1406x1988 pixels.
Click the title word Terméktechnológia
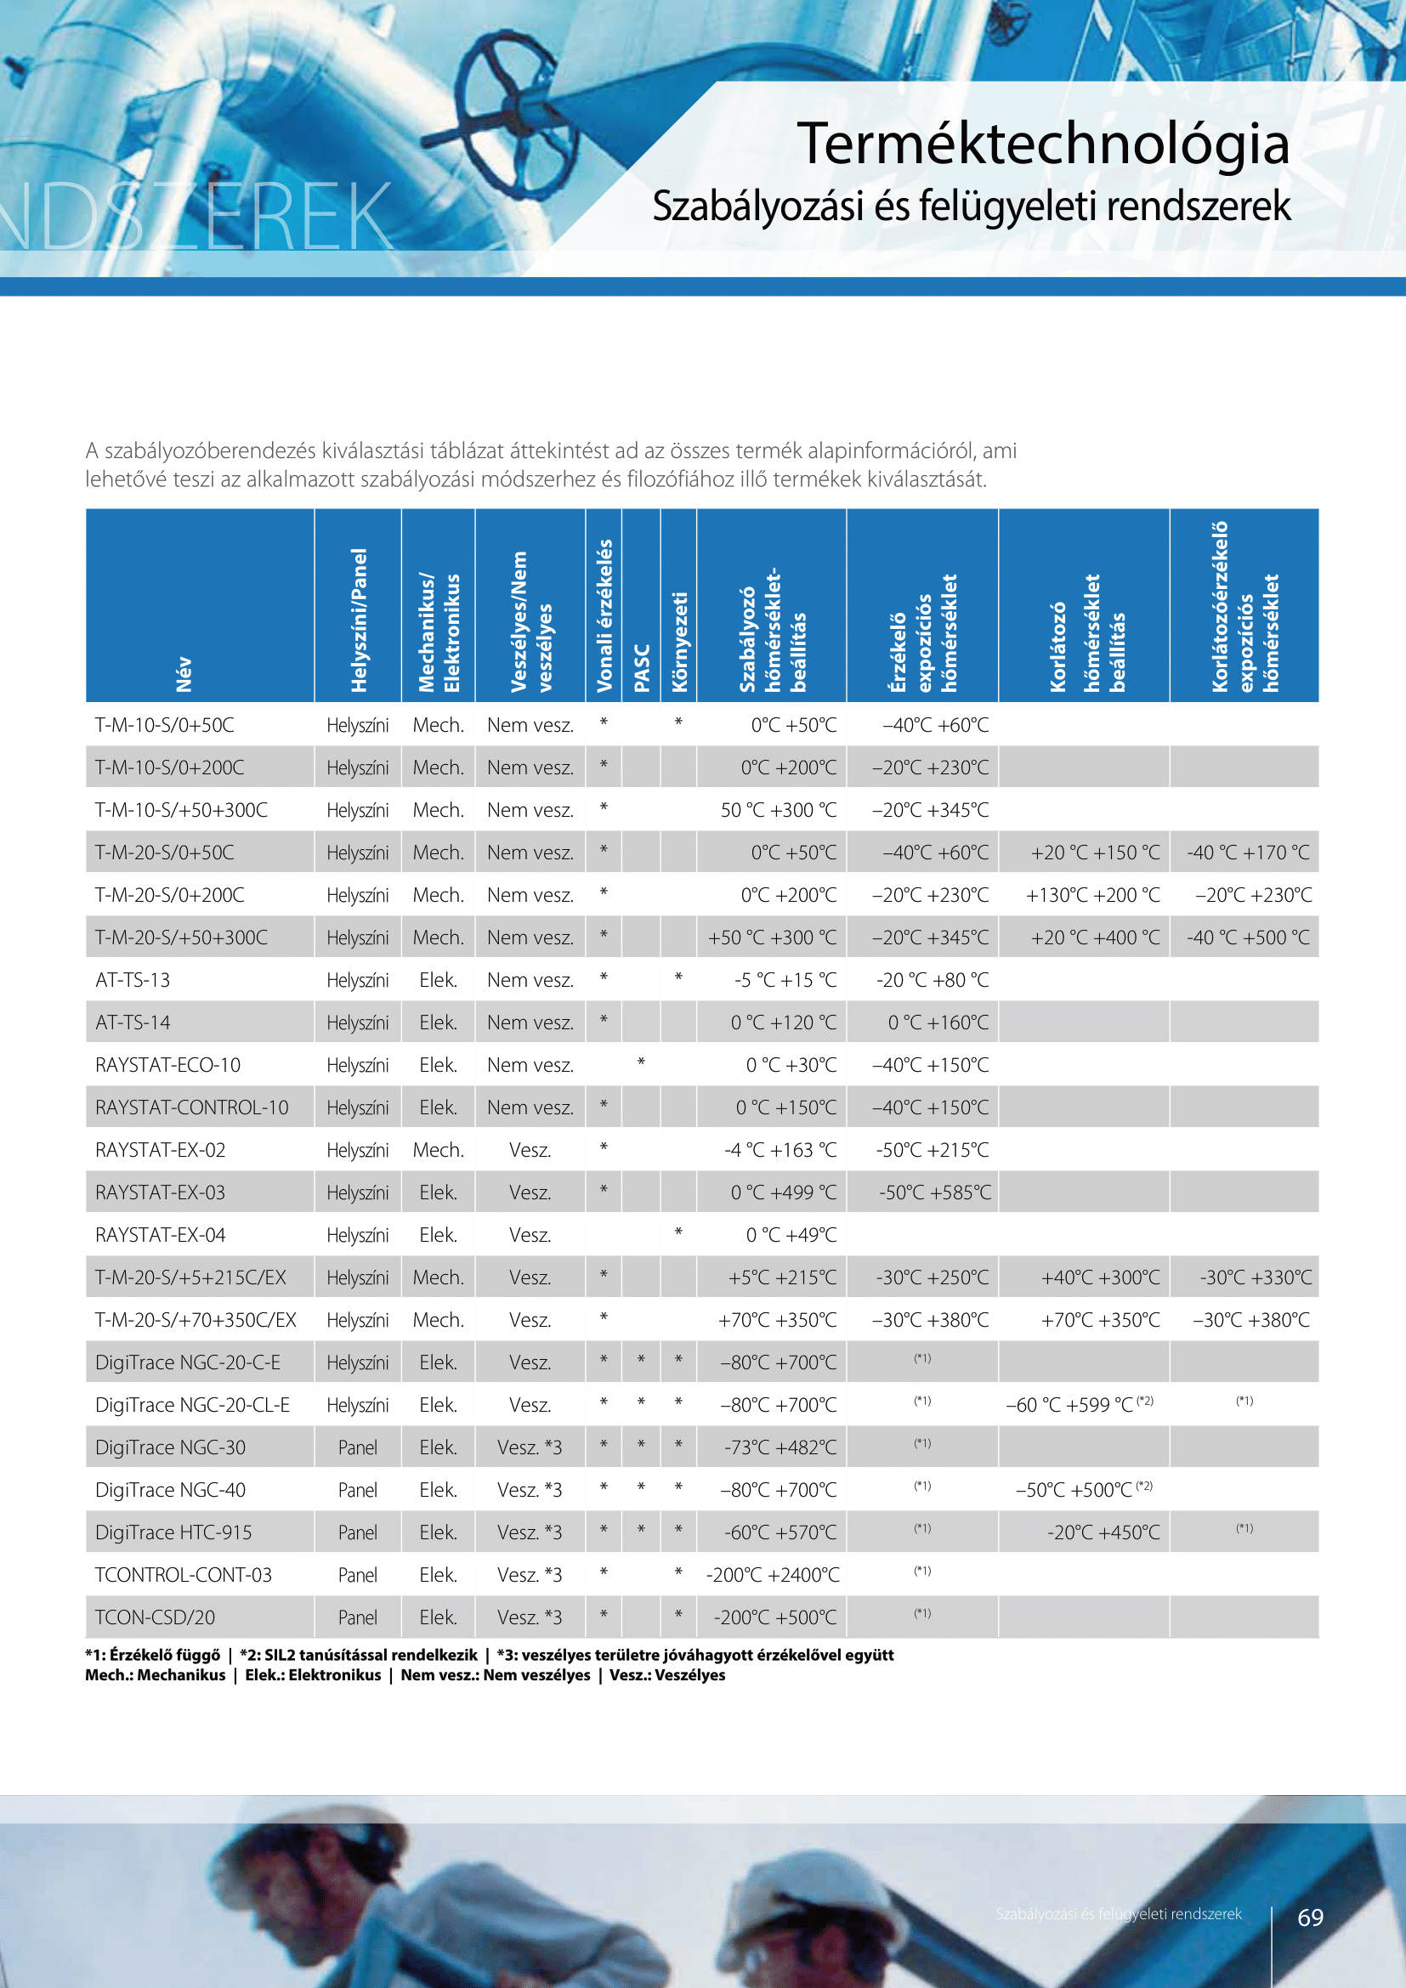click(1043, 144)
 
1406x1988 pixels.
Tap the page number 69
click(1310, 1917)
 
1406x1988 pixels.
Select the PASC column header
click(642, 667)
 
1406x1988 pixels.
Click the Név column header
click(184, 675)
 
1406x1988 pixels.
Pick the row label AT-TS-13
click(133, 980)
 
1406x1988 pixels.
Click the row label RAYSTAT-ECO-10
click(168, 1065)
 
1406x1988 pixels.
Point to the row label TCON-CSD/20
click(155, 1617)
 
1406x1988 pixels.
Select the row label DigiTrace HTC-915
click(173, 1532)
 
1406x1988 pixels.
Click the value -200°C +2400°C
click(772, 1575)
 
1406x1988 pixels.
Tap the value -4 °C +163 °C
click(780, 1150)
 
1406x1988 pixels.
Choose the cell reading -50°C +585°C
click(935, 1192)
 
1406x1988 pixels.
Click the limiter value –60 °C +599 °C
click(1069, 1405)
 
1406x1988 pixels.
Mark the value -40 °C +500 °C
click(1248, 937)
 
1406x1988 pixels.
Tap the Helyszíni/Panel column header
click(359, 620)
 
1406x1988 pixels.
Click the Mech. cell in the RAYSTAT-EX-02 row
click(438, 1150)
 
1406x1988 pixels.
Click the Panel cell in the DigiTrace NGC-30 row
click(358, 1447)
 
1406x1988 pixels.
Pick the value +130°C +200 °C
click(1092, 895)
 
